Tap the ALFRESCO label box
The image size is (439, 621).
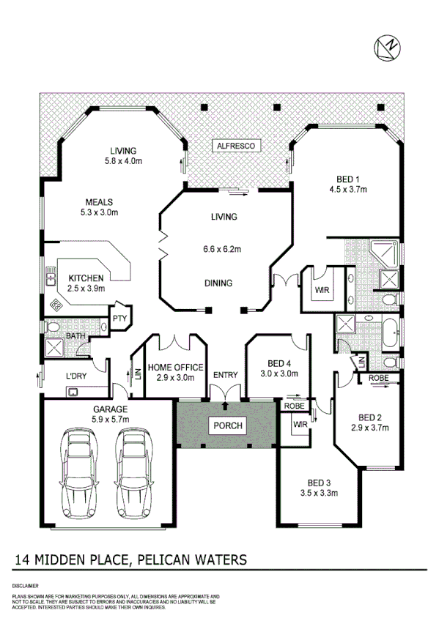tap(235, 146)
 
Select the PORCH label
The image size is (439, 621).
tap(227, 425)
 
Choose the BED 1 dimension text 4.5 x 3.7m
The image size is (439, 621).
tap(347, 189)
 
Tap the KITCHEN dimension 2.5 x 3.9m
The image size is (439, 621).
tap(86, 289)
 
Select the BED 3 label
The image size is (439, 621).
tap(320, 483)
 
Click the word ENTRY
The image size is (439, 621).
tap(225, 375)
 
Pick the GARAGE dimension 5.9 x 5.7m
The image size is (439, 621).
tap(111, 420)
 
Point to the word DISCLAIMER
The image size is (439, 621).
tap(26, 587)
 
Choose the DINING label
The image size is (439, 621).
tap(218, 283)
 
